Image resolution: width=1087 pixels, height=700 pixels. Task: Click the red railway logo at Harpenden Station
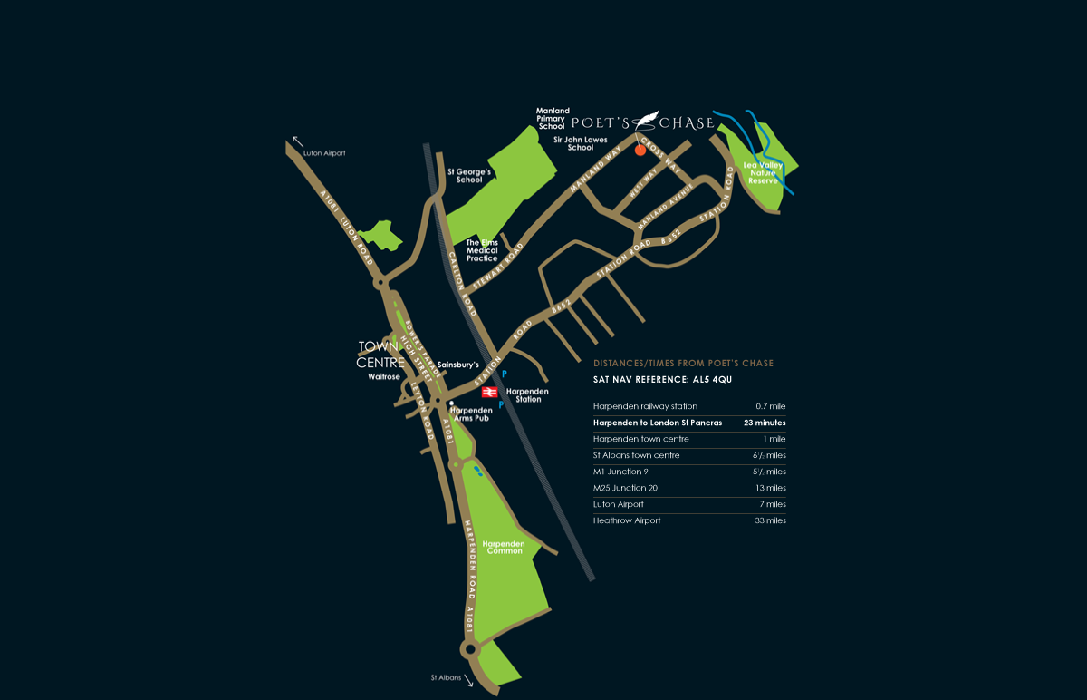(487, 392)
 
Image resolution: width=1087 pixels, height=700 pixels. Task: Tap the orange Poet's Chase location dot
(640, 150)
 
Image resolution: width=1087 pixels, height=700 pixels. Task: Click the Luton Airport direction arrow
(297, 141)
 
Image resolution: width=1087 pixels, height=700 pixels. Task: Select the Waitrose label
(384, 376)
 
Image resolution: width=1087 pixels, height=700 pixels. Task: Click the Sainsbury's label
(457, 365)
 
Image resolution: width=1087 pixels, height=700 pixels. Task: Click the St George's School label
(469, 175)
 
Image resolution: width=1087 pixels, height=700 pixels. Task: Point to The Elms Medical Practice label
(482, 250)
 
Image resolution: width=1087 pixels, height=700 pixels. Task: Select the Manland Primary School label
(552, 119)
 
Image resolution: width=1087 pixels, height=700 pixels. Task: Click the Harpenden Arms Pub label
(470, 413)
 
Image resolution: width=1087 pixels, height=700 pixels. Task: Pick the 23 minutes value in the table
(765, 423)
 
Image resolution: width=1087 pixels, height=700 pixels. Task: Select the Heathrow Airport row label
(627, 520)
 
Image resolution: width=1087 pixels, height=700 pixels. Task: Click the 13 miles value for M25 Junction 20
(771, 488)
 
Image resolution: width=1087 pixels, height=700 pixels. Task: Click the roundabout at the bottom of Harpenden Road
(470, 649)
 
